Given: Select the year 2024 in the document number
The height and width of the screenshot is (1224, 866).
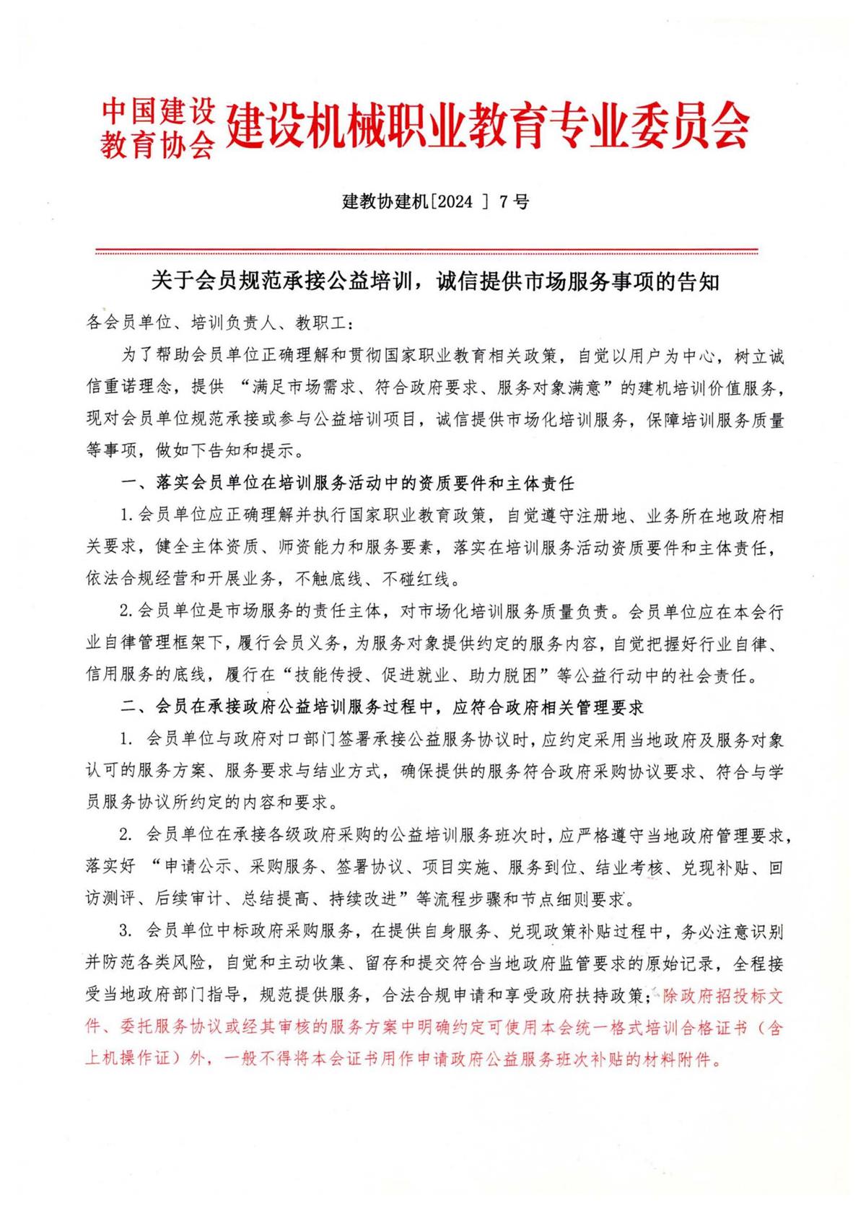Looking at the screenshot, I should coord(453,202).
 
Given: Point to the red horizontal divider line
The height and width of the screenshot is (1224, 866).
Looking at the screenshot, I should coord(427,252).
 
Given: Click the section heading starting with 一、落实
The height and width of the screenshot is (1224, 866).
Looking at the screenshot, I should coord(347,483).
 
